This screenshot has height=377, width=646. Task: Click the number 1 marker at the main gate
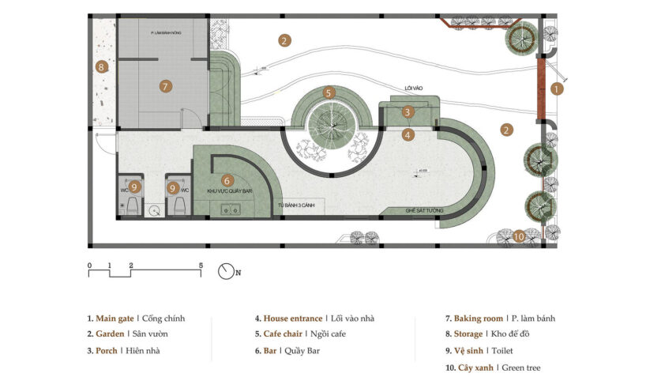557,89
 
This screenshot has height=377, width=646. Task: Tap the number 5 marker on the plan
329,92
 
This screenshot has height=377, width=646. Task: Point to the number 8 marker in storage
101,67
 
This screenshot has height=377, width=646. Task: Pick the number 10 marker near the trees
518,236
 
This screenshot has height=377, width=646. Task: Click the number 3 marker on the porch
407,112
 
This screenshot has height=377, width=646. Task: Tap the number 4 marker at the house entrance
407,134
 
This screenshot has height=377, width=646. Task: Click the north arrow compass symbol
227,270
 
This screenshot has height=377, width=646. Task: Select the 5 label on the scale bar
201,266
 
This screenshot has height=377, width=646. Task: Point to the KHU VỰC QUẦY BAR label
229,192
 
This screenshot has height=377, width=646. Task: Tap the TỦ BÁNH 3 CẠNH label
291,205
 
